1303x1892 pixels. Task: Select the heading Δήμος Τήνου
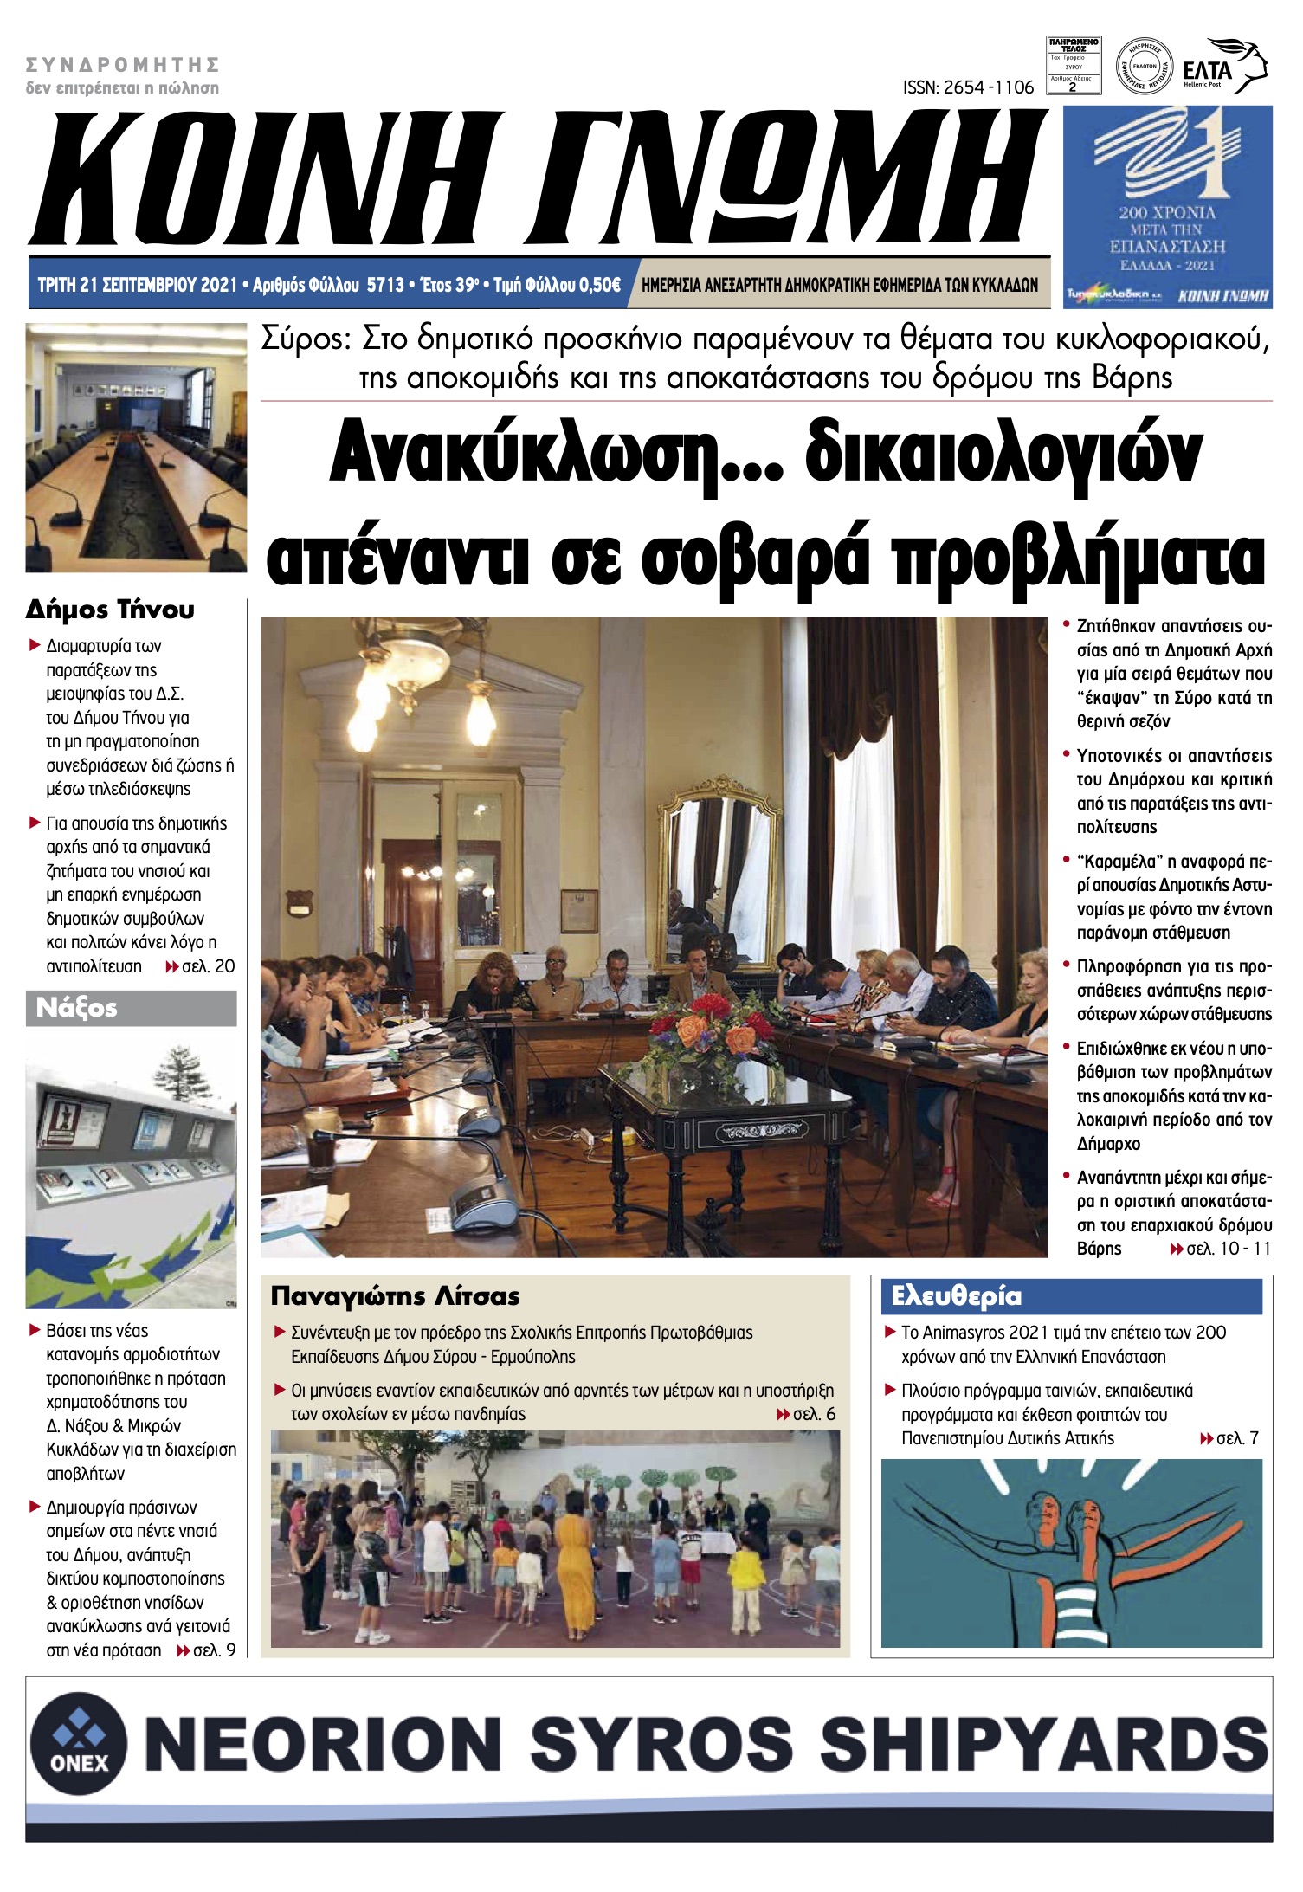(x=110, y=610)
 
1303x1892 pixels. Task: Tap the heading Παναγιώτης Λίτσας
(x=395, y=1296)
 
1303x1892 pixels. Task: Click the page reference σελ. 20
(x=208, y=966)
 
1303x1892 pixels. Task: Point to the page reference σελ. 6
(x=814, y=1414)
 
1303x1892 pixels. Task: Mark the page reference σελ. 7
(x=1236, y=1438)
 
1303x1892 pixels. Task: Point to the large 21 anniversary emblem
(x=1167, y=156)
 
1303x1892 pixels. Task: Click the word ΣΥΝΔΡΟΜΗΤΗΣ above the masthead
(x=122, y=65)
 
